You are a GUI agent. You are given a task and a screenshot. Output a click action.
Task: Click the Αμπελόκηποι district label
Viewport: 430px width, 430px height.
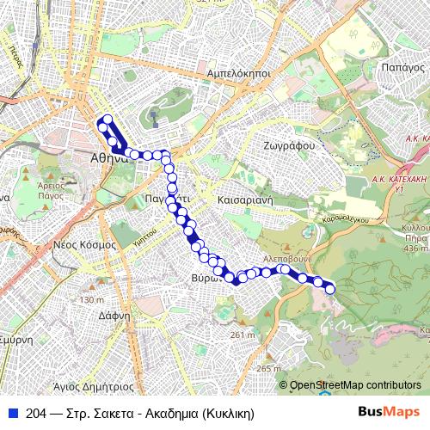pyautogui.click(x=239, y=75)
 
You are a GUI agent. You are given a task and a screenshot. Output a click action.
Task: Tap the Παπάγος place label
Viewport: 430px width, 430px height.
pyautogui.click(x=399, y=65)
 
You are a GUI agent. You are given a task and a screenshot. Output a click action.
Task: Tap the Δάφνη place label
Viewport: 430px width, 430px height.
pyautogui.click(x=114, y=316)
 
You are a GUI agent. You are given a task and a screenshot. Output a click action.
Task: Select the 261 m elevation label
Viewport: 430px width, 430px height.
pyautogui.click(x=243, y=335)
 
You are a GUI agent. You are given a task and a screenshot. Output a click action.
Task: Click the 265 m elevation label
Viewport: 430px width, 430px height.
pyautogui.click(x=268, y=369)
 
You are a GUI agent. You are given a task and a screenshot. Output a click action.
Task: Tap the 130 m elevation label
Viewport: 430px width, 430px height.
pyautogui.click(x=90, y=300)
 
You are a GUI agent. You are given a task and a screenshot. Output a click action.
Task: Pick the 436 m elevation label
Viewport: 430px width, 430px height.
pyautogui.click(x=414, y=249)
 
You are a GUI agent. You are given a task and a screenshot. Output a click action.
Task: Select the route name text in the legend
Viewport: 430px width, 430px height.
pyautogui.click(x=140, y=413)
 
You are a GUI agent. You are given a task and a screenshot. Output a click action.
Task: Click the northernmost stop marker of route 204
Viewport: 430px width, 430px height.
pyautogui.click(x=107, y=119)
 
